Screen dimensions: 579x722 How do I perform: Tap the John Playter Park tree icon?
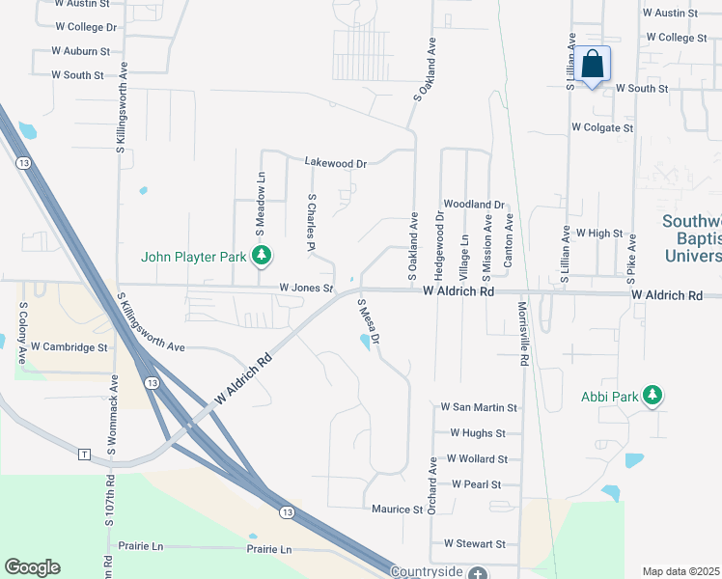click(x=261, y=257)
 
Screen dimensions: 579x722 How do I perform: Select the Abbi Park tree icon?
click(x=653, y=396)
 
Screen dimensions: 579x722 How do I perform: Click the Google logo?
click(x=32, y=567)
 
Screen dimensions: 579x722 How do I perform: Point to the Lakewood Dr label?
click(x=336, y=163)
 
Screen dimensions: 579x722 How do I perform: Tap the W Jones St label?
click(x=306, y=288)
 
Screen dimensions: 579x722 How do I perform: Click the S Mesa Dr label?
click(x=370, y=321)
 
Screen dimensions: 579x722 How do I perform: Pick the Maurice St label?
click(x=398, y=508)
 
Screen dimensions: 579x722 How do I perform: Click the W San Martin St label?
click(x=479, y=407)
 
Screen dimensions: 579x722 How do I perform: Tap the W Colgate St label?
click(x=602, y=126)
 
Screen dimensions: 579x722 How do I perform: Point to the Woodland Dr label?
click(x=474, y=205)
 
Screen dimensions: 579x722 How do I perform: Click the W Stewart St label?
click(x=474, y=544)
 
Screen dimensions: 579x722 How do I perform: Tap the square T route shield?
click(x=84, y=454)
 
